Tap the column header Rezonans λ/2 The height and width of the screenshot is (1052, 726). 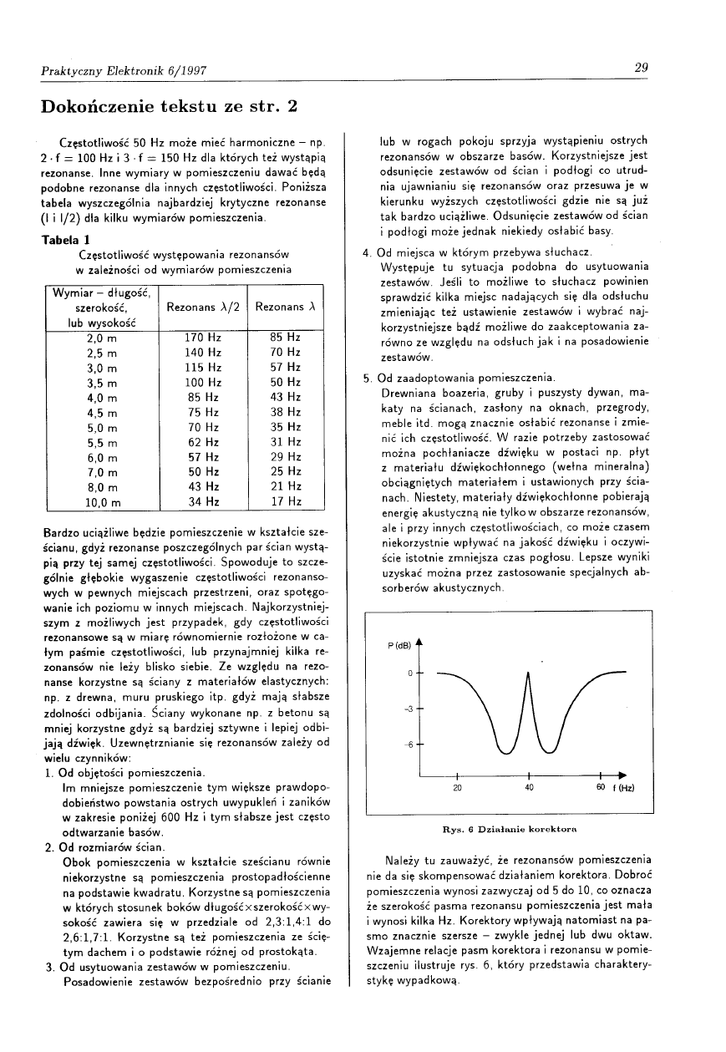[204, 307]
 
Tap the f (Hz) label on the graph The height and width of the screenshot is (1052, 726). [622, 787]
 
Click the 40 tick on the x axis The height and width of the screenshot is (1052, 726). [530, 786]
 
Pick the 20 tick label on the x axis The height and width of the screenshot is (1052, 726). [457, 786]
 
